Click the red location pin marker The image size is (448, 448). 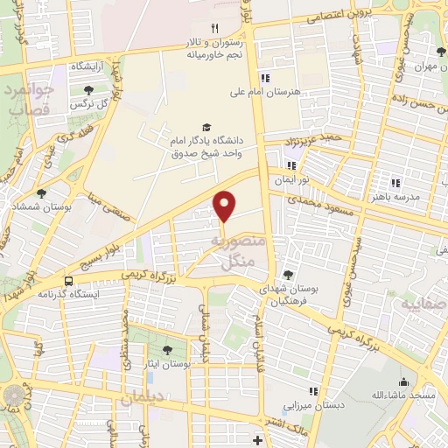(225, 206)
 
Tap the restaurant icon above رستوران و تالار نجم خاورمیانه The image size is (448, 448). (214, 28)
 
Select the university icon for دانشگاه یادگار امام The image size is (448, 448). (206, 128)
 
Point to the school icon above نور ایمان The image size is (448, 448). (291, 165)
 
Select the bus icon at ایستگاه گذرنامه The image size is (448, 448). (68, 281)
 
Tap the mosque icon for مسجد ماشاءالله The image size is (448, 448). (403, 382)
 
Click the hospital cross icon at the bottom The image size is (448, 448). (256, 439)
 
